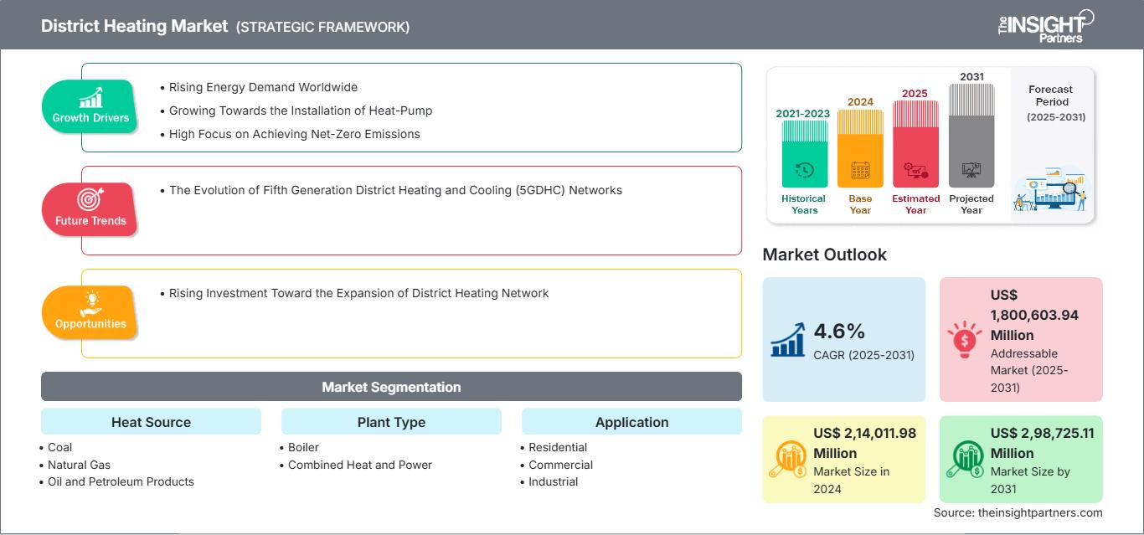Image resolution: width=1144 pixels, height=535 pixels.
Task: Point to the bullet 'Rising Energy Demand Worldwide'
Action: [263, 87]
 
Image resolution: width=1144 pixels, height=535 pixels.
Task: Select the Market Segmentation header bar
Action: [391, 387]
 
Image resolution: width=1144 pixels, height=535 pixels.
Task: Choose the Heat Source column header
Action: [151, 422]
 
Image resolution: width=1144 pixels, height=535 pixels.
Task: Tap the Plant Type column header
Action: [391, 422]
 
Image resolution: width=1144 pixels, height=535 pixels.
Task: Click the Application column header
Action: [631, 422]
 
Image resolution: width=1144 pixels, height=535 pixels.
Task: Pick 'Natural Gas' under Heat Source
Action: [79, 465]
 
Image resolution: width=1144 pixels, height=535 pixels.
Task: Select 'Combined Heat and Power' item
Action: [359, 465]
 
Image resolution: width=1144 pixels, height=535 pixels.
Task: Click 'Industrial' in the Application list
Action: [553, 481]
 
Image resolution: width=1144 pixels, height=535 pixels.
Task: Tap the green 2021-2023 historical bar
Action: [804, 155]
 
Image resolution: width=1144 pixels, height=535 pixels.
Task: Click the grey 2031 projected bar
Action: [971, 138]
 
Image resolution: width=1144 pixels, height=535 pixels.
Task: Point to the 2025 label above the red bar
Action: [915, 93]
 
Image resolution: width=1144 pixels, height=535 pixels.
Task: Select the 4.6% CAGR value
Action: [839, 331]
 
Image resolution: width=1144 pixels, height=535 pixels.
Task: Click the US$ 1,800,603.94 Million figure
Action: [1034, 315]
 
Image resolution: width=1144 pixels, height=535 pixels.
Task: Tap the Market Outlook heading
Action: [824, 255]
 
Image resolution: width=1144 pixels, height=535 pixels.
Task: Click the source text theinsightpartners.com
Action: [1018, 512]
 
